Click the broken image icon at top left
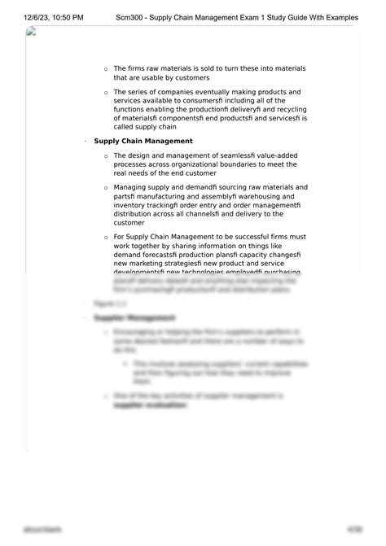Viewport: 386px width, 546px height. (x=31, y=32)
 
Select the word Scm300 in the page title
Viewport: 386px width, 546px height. (x=134, y=16)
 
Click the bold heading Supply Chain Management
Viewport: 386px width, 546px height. (x=143, y=141)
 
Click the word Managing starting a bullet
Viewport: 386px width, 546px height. (x=133, y=186)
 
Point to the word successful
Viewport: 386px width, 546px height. (x=259, y=236)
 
